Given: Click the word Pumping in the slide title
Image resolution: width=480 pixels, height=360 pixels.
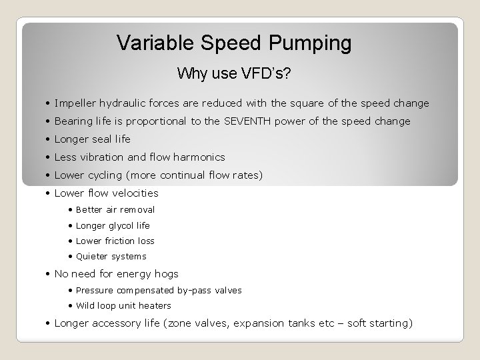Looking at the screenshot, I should point(312,43).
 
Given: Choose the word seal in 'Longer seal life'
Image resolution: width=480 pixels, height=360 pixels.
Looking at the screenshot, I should point(100,139).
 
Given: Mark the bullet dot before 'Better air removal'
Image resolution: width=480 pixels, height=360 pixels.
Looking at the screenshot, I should point(70,209).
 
